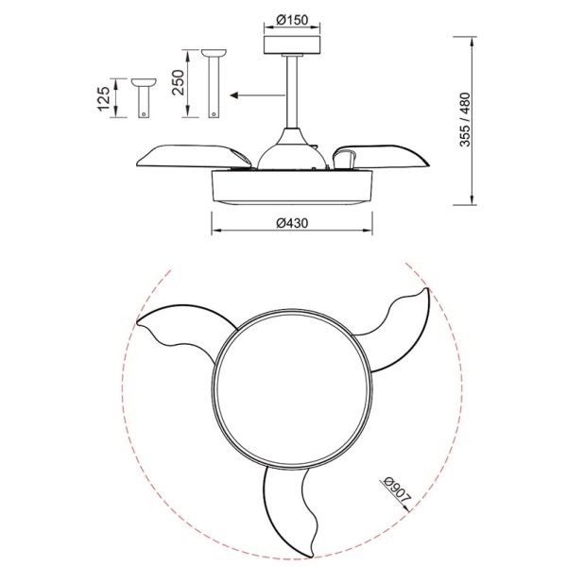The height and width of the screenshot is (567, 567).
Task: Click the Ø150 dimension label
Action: (292, 20)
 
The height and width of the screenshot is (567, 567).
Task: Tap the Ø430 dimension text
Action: (292, 223)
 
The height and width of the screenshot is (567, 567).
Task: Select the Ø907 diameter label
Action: (397, 491)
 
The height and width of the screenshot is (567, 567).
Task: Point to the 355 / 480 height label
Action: (465, 120)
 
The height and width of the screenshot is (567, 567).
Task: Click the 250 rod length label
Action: (178, 83)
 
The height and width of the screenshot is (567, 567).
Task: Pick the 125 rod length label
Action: (104, 98)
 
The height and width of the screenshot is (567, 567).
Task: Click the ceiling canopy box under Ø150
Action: (292, 44)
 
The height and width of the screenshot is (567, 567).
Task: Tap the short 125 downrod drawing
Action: (144, 98)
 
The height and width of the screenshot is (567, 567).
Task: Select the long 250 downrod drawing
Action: (215, 83)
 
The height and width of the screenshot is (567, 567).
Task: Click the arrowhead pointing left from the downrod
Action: (234, 95)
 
